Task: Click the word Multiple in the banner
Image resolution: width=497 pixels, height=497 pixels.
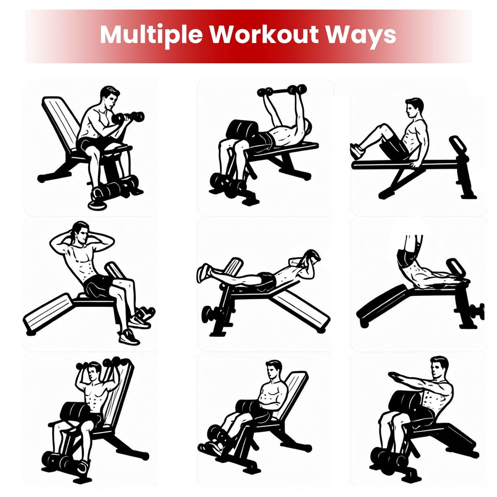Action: [x=151, y=35]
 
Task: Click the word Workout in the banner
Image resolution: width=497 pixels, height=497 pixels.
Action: [x=264, y=34]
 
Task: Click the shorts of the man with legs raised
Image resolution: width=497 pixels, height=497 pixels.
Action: [x=407, y=259]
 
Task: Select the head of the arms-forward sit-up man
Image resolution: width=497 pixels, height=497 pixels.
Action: [x=439, y=367]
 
